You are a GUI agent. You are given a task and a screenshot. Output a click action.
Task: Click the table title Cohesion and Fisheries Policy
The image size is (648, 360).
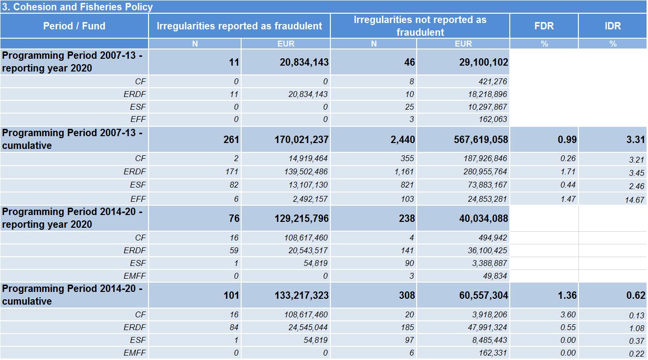click(77, 7)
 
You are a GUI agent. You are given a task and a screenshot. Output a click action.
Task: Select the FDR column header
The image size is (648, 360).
click(544, 26)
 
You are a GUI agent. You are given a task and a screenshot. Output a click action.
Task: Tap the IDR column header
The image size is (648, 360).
click(613, 26)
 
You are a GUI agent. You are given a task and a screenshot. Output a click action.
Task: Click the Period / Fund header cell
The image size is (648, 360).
click(74, 26)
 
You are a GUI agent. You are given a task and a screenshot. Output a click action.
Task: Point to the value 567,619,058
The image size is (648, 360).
click(481, 140)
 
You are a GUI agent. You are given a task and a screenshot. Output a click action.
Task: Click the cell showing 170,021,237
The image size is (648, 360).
click(301, 140)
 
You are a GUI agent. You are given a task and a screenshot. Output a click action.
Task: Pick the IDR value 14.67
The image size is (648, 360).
click(634, 200)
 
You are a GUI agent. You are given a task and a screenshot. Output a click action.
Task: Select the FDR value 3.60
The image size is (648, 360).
click(568, 314)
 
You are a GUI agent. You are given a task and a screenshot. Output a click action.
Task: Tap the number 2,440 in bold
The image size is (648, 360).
click(403, 140)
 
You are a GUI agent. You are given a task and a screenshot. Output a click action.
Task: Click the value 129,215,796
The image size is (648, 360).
click(301, 218)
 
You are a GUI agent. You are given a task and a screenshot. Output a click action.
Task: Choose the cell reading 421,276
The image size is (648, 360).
click(493, 81)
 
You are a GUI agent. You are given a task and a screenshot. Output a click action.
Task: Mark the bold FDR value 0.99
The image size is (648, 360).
click(567, 140)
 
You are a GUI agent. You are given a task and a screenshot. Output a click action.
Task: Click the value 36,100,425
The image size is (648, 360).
click(487, 250)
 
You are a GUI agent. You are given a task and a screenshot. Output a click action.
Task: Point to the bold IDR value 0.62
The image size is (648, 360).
click(636, 295)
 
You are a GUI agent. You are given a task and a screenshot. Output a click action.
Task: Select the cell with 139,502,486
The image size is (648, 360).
click(306, 172)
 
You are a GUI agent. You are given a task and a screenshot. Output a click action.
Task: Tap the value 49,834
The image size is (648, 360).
click(495, 276)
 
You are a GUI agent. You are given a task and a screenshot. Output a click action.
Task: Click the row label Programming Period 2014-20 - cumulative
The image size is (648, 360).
click(72, 295)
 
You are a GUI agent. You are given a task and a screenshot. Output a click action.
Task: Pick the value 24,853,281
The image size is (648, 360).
click(487, 199)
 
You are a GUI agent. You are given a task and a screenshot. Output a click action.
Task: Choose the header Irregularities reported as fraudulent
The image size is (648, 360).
click(239, 26)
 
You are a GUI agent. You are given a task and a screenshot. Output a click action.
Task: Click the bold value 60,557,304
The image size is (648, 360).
click(484, 295)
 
